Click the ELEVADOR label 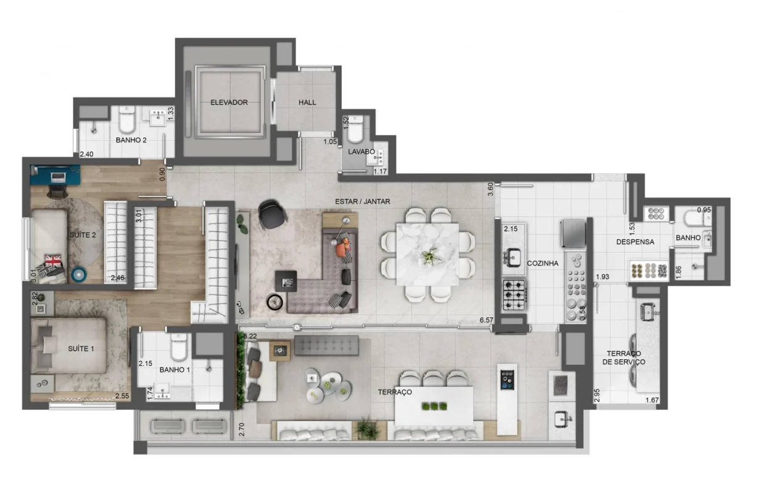tap(229, 103)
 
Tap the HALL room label tap(307, 103)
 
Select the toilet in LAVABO tap(355, 129)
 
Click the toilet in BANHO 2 tap(126, 119)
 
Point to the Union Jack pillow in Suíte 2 tap(53, 261)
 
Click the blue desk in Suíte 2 tap(55, 175)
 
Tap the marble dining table tap(428, 254)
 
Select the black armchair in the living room tap(272, 214)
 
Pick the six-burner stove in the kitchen tap(514, 295)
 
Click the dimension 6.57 tap(486, 320)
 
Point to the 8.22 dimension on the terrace tap(250, 336)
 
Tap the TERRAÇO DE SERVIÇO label tap(624, 358)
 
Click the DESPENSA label tap(635, 241)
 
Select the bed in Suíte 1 tap(68, 346)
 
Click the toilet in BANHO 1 tap(179, 346)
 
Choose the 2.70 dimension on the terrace tap(241, 429)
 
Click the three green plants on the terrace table tap(434, 406)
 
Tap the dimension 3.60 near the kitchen tap(490, 189)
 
